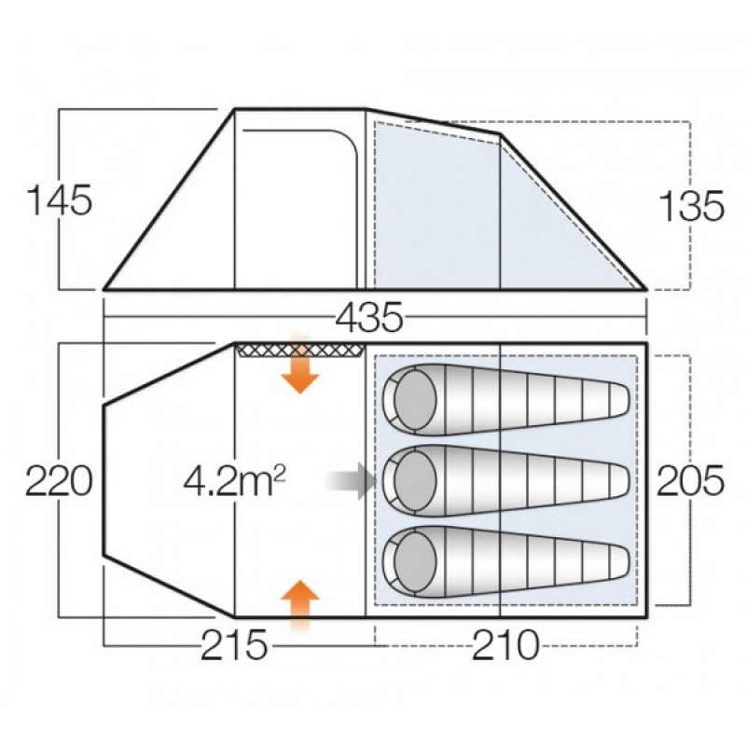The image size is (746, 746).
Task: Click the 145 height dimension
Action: point(60,200)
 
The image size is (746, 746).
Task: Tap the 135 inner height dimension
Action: point(691,206)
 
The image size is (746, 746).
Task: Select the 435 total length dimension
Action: point(369,317)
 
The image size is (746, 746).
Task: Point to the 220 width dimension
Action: point(59,480)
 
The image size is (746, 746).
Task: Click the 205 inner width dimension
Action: point(690,480)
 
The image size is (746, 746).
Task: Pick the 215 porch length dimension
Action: point(234,645)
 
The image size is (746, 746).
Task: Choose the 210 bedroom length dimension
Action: point(505,645)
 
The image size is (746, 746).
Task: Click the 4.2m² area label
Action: point(235,480)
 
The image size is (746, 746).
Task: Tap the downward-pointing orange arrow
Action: point(299,364)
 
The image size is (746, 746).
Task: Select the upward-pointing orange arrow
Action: point(299,605)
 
